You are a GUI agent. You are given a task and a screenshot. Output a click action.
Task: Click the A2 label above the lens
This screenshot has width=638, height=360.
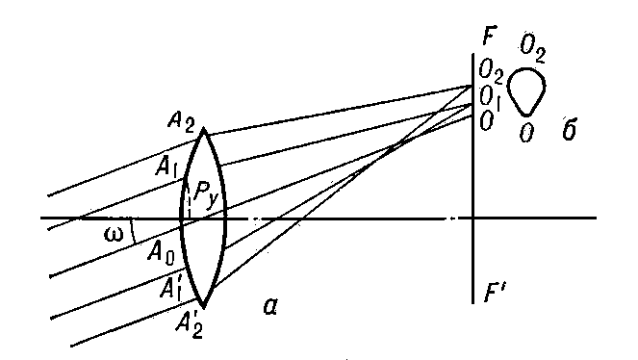(182, 121)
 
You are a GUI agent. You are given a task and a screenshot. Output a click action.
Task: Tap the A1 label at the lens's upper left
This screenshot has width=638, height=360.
(166, 167)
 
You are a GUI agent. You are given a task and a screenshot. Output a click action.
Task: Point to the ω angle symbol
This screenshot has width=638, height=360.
(114, 235)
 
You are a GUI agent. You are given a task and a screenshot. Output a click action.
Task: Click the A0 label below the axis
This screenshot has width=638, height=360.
(161, 254)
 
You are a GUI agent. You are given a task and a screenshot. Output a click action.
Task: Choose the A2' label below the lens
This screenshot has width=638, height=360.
(189, 323)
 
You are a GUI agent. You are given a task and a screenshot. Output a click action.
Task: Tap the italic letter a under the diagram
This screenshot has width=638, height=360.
(270, 306)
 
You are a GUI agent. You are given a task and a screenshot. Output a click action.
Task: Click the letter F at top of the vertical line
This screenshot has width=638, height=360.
(489, 37)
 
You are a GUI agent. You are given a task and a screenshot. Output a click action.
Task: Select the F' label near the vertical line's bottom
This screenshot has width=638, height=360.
(494, 294)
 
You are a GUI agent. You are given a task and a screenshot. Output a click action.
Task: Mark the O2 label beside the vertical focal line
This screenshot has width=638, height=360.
(491, 70)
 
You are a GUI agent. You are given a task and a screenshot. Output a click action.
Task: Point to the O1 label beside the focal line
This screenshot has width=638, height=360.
(490, 97)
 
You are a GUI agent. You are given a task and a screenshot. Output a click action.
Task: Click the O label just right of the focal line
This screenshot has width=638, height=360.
(486, 121)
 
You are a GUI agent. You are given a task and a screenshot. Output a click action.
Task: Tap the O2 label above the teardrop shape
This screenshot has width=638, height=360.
(533, 48)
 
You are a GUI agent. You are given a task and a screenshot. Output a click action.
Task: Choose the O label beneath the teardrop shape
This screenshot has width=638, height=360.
(526, 133)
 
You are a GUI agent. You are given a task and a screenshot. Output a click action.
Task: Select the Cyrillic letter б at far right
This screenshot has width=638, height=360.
(569, 129)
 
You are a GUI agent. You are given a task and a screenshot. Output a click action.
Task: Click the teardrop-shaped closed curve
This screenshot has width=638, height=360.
(546, 87)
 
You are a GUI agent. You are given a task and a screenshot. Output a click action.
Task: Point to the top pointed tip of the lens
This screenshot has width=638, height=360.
(203, 129)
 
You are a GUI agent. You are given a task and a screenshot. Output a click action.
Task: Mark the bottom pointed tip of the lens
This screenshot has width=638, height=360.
(203, 306)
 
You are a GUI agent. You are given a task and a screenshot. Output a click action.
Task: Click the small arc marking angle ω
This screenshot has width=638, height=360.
(133, 231)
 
